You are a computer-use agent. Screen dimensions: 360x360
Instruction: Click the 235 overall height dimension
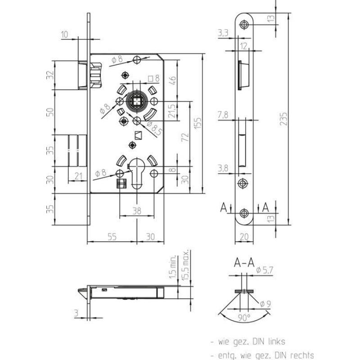[x=284, y=119]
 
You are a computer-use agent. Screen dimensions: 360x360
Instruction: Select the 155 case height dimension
[x=198, y=123]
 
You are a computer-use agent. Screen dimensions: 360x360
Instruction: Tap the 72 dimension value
[x=185, y=137]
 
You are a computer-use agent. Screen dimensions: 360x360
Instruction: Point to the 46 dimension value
[x=173, y=81]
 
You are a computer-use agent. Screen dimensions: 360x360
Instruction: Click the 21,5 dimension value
[x=172, y=111]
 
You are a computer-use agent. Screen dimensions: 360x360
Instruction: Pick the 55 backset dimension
[x=112, y=237]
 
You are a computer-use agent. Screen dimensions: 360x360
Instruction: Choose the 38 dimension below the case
[x=137, y=211]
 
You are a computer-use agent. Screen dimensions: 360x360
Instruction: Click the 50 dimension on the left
[x=50, y=112]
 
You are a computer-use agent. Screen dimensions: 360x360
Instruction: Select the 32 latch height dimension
[x=50, y=75]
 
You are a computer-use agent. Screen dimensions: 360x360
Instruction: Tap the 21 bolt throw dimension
[x=78, y=176]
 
